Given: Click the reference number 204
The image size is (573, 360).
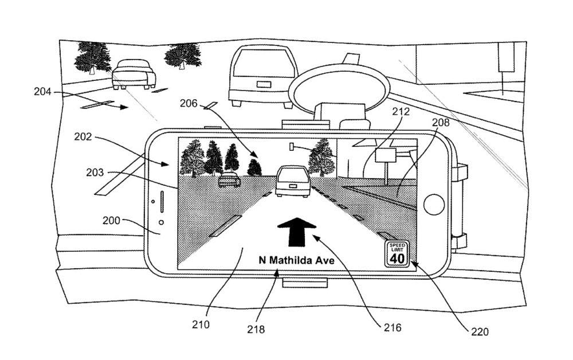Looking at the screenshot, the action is point(42,91).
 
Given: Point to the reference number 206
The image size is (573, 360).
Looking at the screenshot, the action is point(188,104).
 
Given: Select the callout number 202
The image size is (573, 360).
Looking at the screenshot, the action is point(83,136).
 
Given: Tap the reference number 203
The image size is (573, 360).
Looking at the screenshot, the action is point(95,172).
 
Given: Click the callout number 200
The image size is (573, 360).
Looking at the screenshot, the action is point(111,220).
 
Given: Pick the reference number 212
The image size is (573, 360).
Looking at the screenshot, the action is point(401,111).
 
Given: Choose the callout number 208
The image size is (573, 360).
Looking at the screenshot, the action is point(441,122).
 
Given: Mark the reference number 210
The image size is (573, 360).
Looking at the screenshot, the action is point(201,324).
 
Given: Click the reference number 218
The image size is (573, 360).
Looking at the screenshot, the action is point(256,329).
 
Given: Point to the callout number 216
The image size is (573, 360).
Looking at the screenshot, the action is point(392,327).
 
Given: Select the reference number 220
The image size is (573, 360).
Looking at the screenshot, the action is point(480,331).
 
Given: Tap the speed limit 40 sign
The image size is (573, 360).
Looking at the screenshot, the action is point(397,253).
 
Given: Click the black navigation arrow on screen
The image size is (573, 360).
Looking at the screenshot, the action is point(297,232).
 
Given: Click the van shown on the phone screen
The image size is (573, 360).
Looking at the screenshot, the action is point(293,181).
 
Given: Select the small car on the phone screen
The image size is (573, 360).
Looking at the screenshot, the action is point(229,179).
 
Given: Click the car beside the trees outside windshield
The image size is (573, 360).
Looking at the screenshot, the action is point(134,75).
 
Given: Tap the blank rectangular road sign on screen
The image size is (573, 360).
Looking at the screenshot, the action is point(385,155).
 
